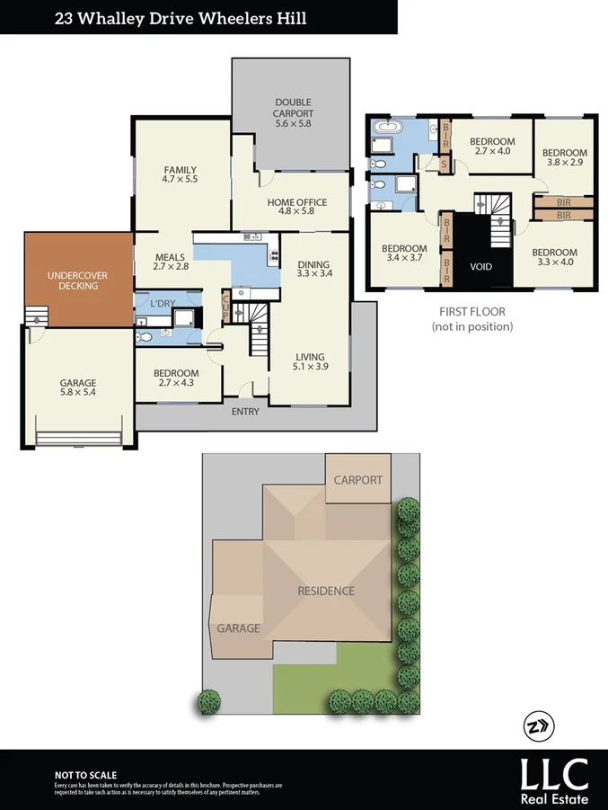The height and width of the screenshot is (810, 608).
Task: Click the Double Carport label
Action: click(294, 109)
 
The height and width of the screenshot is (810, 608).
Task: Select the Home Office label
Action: click(297, 202)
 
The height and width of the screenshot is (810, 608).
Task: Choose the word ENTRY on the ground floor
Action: click(245, 412)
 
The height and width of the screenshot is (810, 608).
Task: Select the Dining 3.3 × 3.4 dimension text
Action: click(314, 273)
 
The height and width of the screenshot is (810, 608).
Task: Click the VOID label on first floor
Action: click(481, 267)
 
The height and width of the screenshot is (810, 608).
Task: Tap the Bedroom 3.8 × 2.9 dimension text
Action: click(565, 164)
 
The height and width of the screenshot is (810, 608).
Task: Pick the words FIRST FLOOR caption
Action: click(471, 312)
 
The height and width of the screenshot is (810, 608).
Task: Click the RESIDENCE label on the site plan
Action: click(326, 591)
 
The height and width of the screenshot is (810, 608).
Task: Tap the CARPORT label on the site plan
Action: click(358, 480)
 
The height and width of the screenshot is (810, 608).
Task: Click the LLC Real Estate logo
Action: click(555, 779)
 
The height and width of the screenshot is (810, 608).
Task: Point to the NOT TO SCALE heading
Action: click(85, 775)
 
